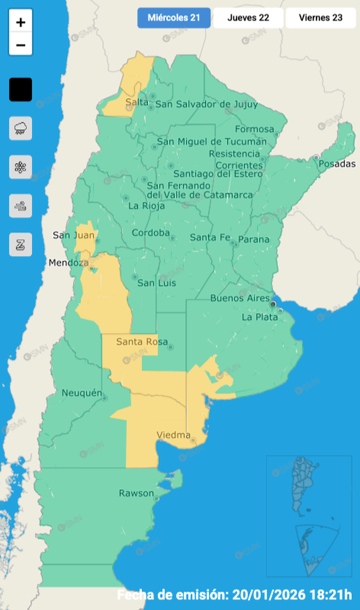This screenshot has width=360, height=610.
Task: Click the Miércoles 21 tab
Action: coord(174,18)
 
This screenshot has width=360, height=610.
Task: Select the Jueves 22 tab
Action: coord(248,18)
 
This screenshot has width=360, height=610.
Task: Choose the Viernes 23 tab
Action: coord(320,18)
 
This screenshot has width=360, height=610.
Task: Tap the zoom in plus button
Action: coord(21,23)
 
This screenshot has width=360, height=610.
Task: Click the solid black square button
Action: coord(21,90)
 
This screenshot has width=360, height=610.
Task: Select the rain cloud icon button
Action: coord(21,128)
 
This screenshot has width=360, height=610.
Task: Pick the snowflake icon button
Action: coord(21,167)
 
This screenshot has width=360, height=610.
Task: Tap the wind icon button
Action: coord(21,206)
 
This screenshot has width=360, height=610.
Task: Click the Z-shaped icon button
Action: coord(21,244)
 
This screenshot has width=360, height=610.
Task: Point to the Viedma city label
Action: coord(173,435)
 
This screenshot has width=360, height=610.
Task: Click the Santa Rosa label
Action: coord(141,342)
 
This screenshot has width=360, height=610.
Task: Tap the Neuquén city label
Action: coord(81,393)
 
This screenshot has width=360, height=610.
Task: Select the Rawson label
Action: coord(136,493)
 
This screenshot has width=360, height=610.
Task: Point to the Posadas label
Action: coord(337,163)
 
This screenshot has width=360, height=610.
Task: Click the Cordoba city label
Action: coord(150,232)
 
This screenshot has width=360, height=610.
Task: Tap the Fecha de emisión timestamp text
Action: coord(237,593)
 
